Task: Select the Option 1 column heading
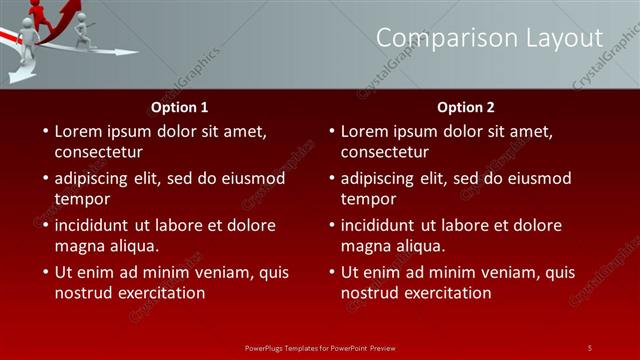click(x=180, y=107)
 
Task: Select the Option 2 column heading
click(x=466, y=107)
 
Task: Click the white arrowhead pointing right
click(x=125, y=51)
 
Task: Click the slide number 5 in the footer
click(x=589, y=347)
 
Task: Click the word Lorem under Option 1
click(x=79, y=131)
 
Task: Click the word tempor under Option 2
click(x=366, y=199)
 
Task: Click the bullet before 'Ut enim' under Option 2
click(x=330, y=272)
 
